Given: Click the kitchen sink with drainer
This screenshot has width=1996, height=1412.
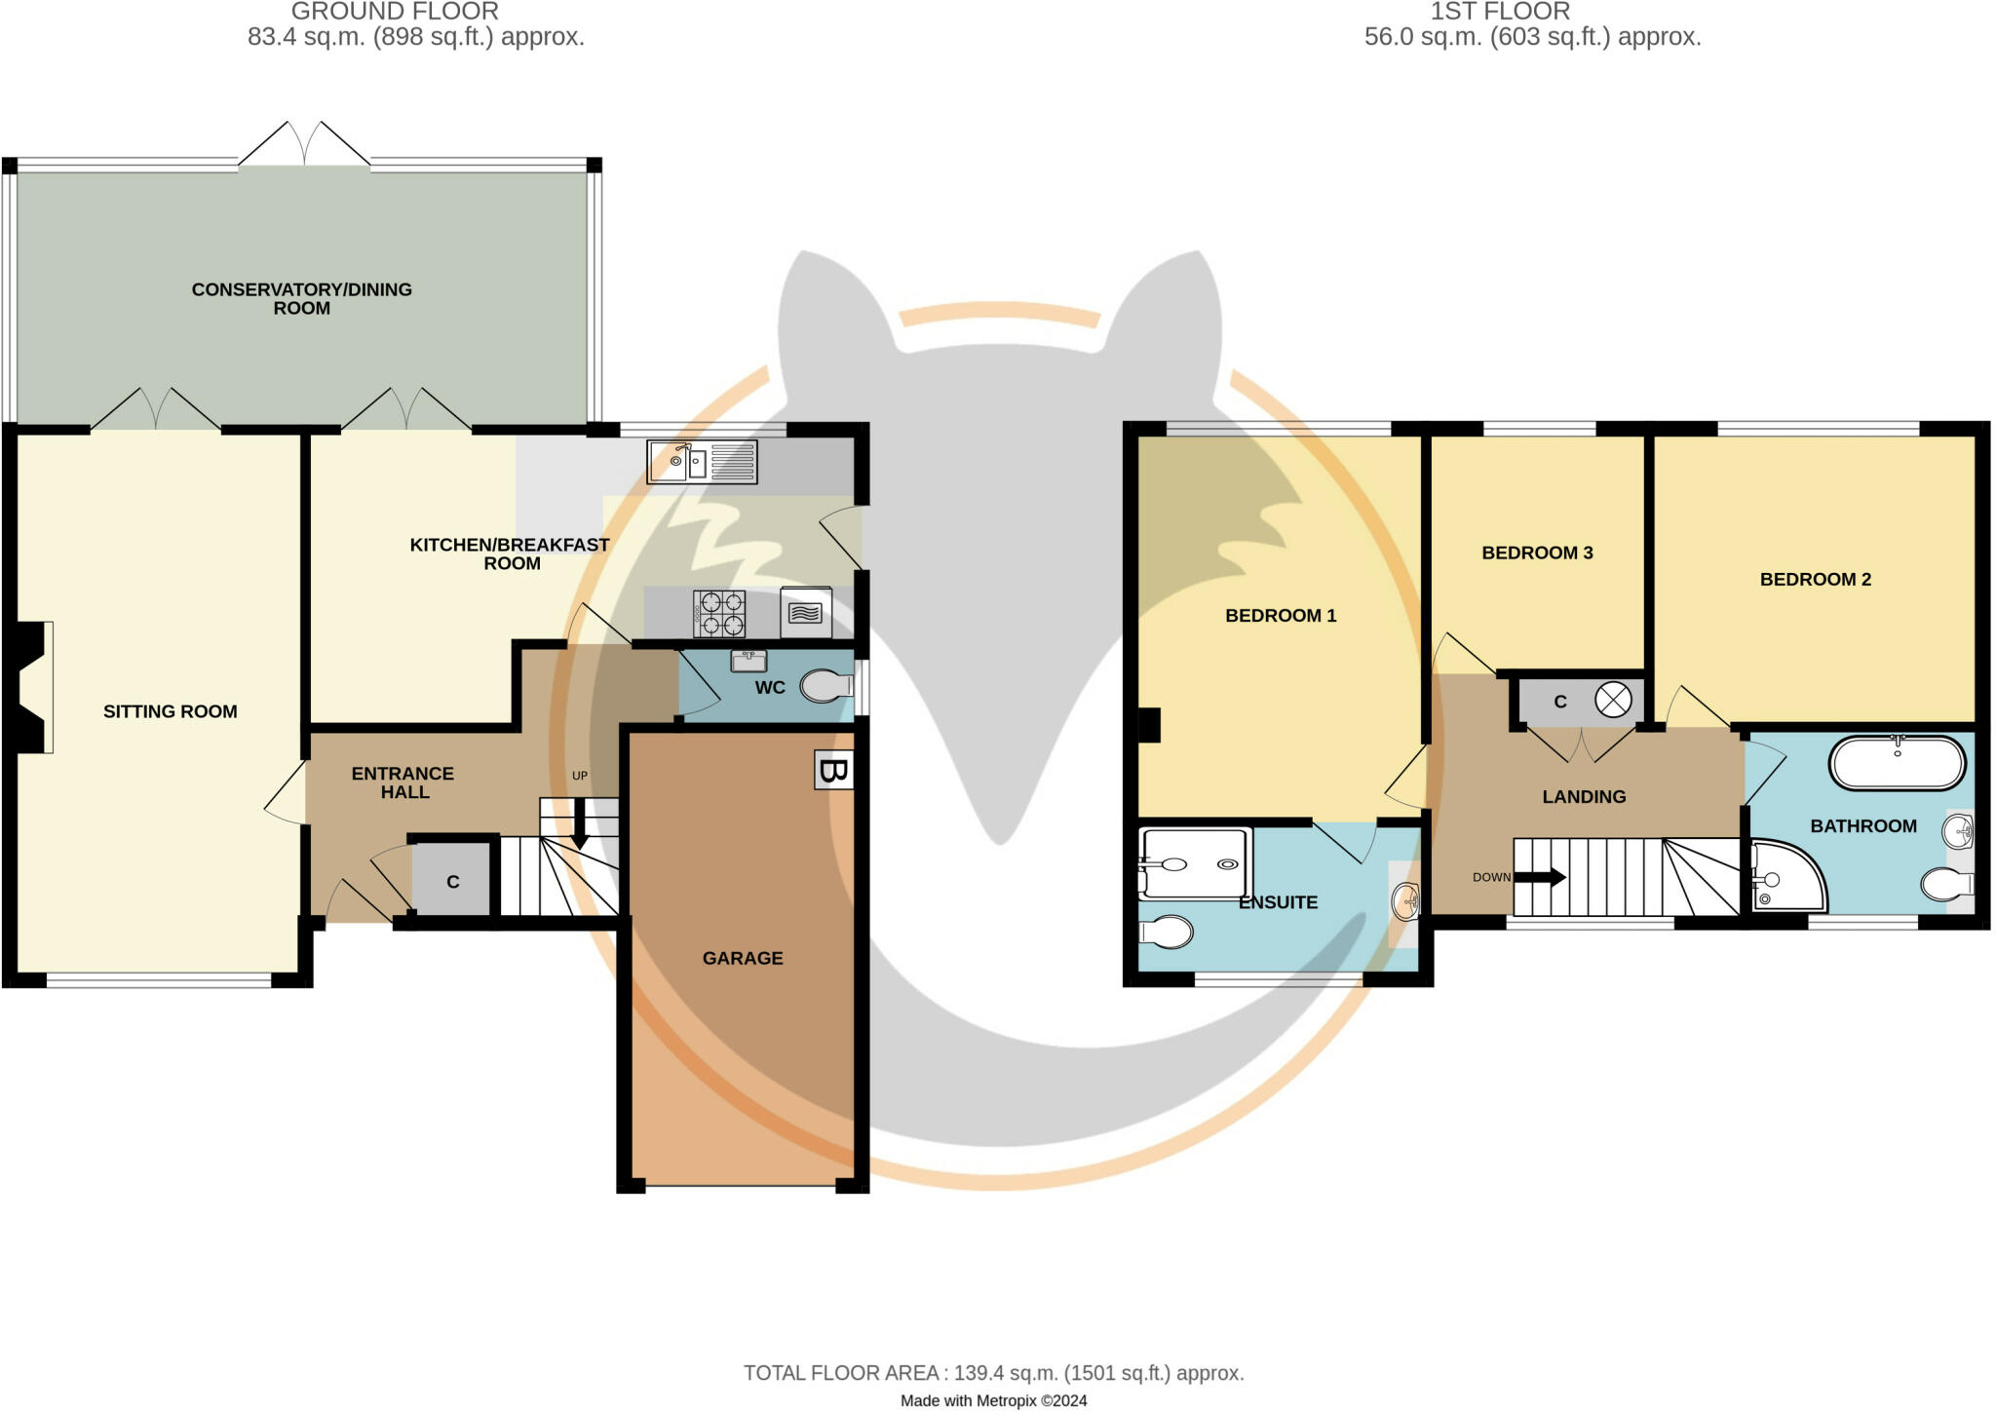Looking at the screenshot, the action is tap(702, 462).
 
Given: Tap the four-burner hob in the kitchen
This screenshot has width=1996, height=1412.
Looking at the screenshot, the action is tap(719, 614).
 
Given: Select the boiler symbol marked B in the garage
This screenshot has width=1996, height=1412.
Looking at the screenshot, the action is tap(833, 770).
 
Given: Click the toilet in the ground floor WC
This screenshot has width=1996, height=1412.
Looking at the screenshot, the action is tap(825, 687).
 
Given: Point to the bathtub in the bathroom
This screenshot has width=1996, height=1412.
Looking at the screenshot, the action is tap(1897, 762).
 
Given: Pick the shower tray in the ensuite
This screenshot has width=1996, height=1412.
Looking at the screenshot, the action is tap(1195, 863).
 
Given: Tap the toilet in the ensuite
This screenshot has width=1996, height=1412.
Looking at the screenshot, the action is tap(1166, 933).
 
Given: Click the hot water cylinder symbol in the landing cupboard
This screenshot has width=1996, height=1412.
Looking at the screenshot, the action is tap(1613, 701).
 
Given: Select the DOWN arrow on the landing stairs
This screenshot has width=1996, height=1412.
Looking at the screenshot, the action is tap(1539, 877).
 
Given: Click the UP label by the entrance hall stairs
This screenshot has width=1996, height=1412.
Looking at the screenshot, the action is tap(580, 776).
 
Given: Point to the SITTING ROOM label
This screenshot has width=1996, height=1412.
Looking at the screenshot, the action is tap(171, 711).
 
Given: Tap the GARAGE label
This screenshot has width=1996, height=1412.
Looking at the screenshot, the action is tap(743, 958).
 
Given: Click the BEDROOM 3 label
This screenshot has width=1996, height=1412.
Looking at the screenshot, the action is tap(1537, 553).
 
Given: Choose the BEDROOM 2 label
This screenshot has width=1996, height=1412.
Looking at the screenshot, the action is tap(1815, 579).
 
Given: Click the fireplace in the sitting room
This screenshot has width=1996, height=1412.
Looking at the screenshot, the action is tap(33, 687).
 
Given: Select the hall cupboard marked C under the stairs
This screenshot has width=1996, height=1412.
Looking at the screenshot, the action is tap(451, 879).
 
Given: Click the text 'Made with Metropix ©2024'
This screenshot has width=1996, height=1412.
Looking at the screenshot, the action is tap(993, 1400).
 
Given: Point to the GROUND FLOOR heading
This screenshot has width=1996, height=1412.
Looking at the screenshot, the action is tap(395, 12).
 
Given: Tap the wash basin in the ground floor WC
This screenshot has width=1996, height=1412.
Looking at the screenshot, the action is tap(748, 661).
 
